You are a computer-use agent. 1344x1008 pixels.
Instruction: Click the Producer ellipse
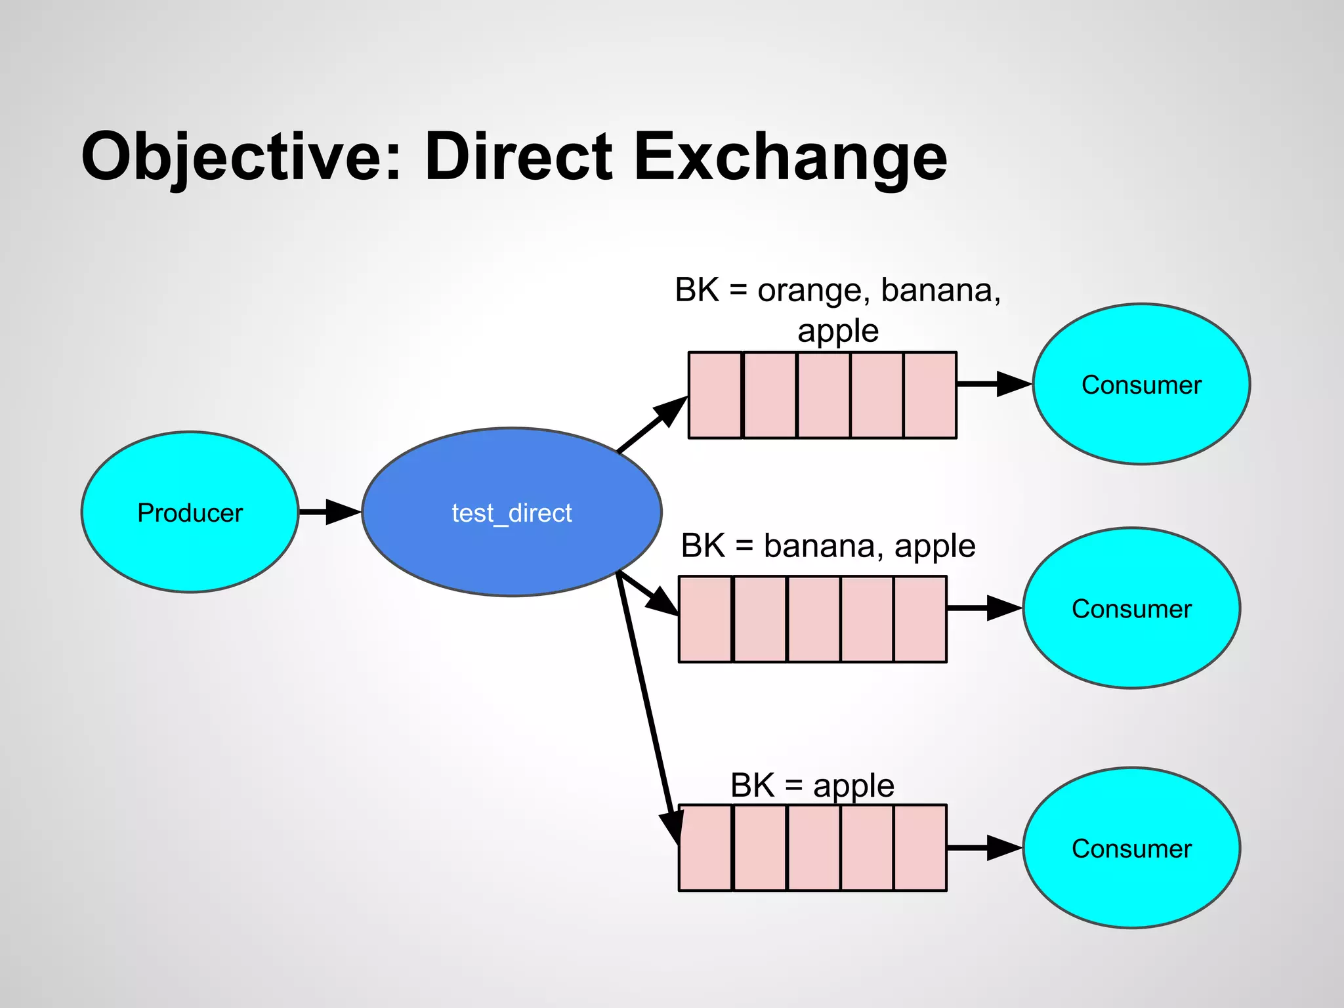pyautogui.click(x=190, y=512)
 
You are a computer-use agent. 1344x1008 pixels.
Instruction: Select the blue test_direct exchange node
pyautogui.click(x=511, y=512)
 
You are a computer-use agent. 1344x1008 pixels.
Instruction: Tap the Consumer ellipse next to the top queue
pyautogui.click(x=1141, y=384)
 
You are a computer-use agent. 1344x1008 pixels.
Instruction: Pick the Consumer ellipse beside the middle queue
pyautogui.click(x=1131, y=608)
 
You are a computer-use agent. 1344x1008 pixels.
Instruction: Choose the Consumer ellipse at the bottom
pyautogui.click(x=1131, y=848)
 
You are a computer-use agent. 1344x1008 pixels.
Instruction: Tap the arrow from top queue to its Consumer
pyautogui.click(x=994, y=384)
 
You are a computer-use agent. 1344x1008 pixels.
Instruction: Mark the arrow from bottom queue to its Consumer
pyautogui.click(x=984, y=848)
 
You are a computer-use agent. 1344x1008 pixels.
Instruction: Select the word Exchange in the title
pyautogui.click(x=790, y=157)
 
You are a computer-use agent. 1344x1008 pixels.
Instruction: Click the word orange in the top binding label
pyautogui.click(x=810, y=290)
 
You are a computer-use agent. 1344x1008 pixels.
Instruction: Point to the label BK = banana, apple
pyautogui.click(x=828, y=546)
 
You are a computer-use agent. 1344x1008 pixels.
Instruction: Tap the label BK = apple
pyautogui.click(x=812, y=786)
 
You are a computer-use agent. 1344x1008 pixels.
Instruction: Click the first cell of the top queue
pyautogui.click(x=715, y=395)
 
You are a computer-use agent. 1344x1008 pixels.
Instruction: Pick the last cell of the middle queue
pyautogui.click(x=920, y=619)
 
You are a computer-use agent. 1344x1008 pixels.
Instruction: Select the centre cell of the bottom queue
pyautogui.click(x=813, y=848)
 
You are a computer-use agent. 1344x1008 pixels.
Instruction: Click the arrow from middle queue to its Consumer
pyautogui.click(x=984, y=608)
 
